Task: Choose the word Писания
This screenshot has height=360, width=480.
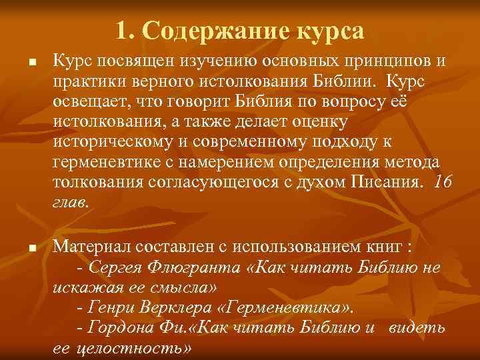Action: click(x=387, y=184)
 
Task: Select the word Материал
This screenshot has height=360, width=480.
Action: click(x=90, y=247)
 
